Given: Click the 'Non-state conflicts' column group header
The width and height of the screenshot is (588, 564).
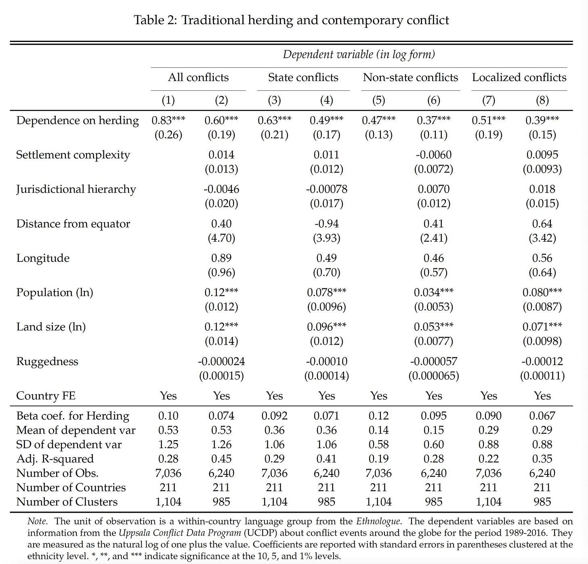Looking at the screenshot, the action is tap(410, 77).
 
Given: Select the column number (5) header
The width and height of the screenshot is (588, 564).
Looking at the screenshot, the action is tap(378, 100).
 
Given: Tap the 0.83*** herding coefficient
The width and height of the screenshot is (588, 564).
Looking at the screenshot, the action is tap(168, 121).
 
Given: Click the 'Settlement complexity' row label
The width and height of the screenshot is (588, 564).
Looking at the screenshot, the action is tap(73, 155).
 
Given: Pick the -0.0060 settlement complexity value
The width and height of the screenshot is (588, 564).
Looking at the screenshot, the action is tap(434, 155).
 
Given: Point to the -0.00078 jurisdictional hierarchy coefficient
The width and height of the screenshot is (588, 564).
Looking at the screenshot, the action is tap(327, 189).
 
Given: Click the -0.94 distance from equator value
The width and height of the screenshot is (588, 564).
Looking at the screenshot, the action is tap(327, 224).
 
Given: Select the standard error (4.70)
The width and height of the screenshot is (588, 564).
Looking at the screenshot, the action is tap(221, 238).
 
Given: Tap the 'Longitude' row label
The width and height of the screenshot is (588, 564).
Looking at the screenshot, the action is tap(43, 258).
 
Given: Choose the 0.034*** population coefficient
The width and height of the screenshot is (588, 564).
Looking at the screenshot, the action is tap(434, 292).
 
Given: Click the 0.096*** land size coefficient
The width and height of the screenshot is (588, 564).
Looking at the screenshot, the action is tap(327, 327).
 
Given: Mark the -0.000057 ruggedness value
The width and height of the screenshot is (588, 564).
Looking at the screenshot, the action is tap(434, 361).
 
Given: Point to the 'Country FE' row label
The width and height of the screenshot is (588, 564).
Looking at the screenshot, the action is tap(46, 396).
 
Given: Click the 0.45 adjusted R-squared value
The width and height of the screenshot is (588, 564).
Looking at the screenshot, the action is tap(221, 459).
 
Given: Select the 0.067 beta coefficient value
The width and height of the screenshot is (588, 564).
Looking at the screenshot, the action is tap(542, 416).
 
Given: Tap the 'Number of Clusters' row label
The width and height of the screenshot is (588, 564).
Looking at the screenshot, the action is tap(67, 502).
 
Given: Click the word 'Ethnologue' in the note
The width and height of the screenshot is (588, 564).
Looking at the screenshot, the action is tap(378, 521).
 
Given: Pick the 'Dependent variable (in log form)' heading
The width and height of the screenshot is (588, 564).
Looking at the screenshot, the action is tap(359, 54).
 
